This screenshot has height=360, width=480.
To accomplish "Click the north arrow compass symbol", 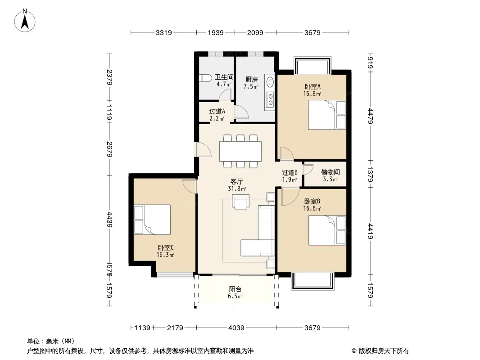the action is point(25,21).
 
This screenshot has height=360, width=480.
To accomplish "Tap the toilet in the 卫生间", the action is point(205,78).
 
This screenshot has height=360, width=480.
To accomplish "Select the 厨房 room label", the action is point(252,80).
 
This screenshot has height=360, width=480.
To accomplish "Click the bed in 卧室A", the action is point(327,115).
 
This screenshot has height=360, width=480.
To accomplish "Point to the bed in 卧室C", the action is point(152,220).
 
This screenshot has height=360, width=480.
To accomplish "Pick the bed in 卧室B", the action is point(327,230).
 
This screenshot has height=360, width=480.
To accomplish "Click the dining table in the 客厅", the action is point(240,151).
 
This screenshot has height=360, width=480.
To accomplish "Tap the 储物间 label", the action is point(331,172).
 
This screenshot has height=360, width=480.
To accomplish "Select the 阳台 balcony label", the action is point(235,289).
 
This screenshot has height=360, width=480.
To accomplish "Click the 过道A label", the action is point(217,112).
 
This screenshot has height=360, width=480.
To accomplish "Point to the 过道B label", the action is point(290,173).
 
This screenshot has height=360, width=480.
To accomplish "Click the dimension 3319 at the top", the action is point(164,32).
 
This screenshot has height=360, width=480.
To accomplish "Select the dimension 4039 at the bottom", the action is point(236,328).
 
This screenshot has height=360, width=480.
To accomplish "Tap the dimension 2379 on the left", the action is point(109,77).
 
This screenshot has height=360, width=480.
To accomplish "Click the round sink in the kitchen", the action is point(270,82).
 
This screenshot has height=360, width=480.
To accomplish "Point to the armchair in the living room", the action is point(240,202).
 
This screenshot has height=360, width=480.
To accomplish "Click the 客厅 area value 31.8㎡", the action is point(237,189).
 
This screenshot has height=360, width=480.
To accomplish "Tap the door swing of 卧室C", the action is point(189,186).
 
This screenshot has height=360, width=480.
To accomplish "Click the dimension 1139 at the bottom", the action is point(142,328).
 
